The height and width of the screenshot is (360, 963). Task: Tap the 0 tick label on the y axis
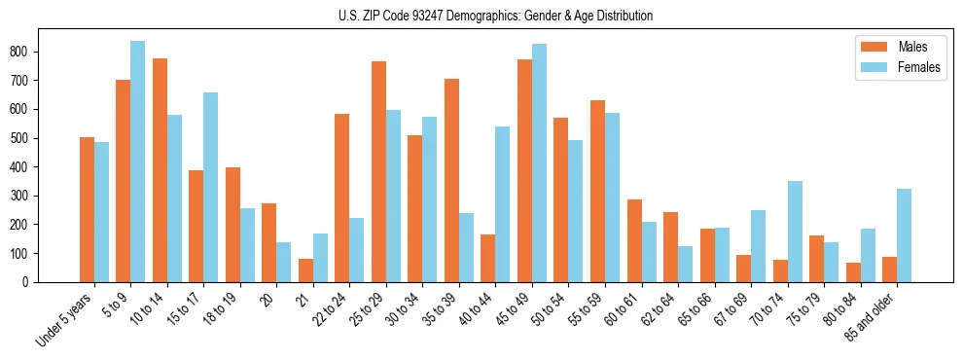click(x=31, y=282)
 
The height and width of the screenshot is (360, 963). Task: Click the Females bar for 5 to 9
click(x=137, y=162)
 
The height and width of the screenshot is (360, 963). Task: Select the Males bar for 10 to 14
click(x=160, y=170)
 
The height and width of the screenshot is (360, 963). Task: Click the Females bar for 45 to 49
click(x=539, y=162)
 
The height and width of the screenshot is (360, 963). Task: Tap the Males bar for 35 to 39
click(x=451, y=180)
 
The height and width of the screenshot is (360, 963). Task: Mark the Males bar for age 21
click(x=305, y=270)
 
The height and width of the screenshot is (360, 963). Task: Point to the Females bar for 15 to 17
click(x=210, y=187)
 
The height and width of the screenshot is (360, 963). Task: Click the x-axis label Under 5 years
click(x=66, y=319)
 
